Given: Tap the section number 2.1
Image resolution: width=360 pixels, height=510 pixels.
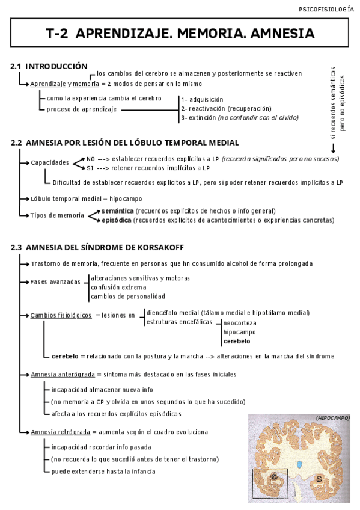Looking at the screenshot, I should pyautogui.click(x=16, y=66).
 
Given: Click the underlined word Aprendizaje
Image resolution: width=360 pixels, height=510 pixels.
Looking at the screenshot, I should pyautogui.click(x=48, y=84).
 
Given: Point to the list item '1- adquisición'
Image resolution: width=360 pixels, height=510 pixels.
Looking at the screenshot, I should pyautogui.click(x=202, y=99).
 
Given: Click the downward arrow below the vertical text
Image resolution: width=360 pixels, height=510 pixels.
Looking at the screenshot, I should pyautogui.click(x=334, y=147).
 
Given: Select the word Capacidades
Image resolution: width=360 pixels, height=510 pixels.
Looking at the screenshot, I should pyautogui.click(x=49, y=163).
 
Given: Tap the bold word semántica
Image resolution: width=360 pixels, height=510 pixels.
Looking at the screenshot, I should pyautogui.click(x=118, y=210).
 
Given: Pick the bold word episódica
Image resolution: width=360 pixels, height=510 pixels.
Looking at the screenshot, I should pyautogui.click(x=117, y=220).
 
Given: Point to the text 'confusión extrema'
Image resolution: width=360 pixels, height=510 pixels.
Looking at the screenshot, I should pyautogui.click(x=118, y=287).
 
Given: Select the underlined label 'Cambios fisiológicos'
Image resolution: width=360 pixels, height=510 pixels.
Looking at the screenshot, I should pyautogui.click(x=61, y=315).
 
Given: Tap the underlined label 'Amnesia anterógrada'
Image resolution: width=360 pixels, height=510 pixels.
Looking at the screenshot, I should pyautogui.click(x=63, y=374).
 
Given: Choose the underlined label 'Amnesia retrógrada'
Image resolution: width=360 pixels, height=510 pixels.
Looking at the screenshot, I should pyautogui.click(x=60, y=432).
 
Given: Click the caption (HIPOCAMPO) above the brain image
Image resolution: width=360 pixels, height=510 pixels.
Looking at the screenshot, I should pyautogui.click(x=332, y=417).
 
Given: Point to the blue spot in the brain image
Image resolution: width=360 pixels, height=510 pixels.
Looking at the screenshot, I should pyautogui.click(x=300, y=465).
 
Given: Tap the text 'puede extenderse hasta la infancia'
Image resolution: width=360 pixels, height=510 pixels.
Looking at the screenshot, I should pyautogui.click(x=103, y=472).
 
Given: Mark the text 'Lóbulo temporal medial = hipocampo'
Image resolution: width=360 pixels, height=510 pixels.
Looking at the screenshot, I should pyautogui.click(x=86, y=198).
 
